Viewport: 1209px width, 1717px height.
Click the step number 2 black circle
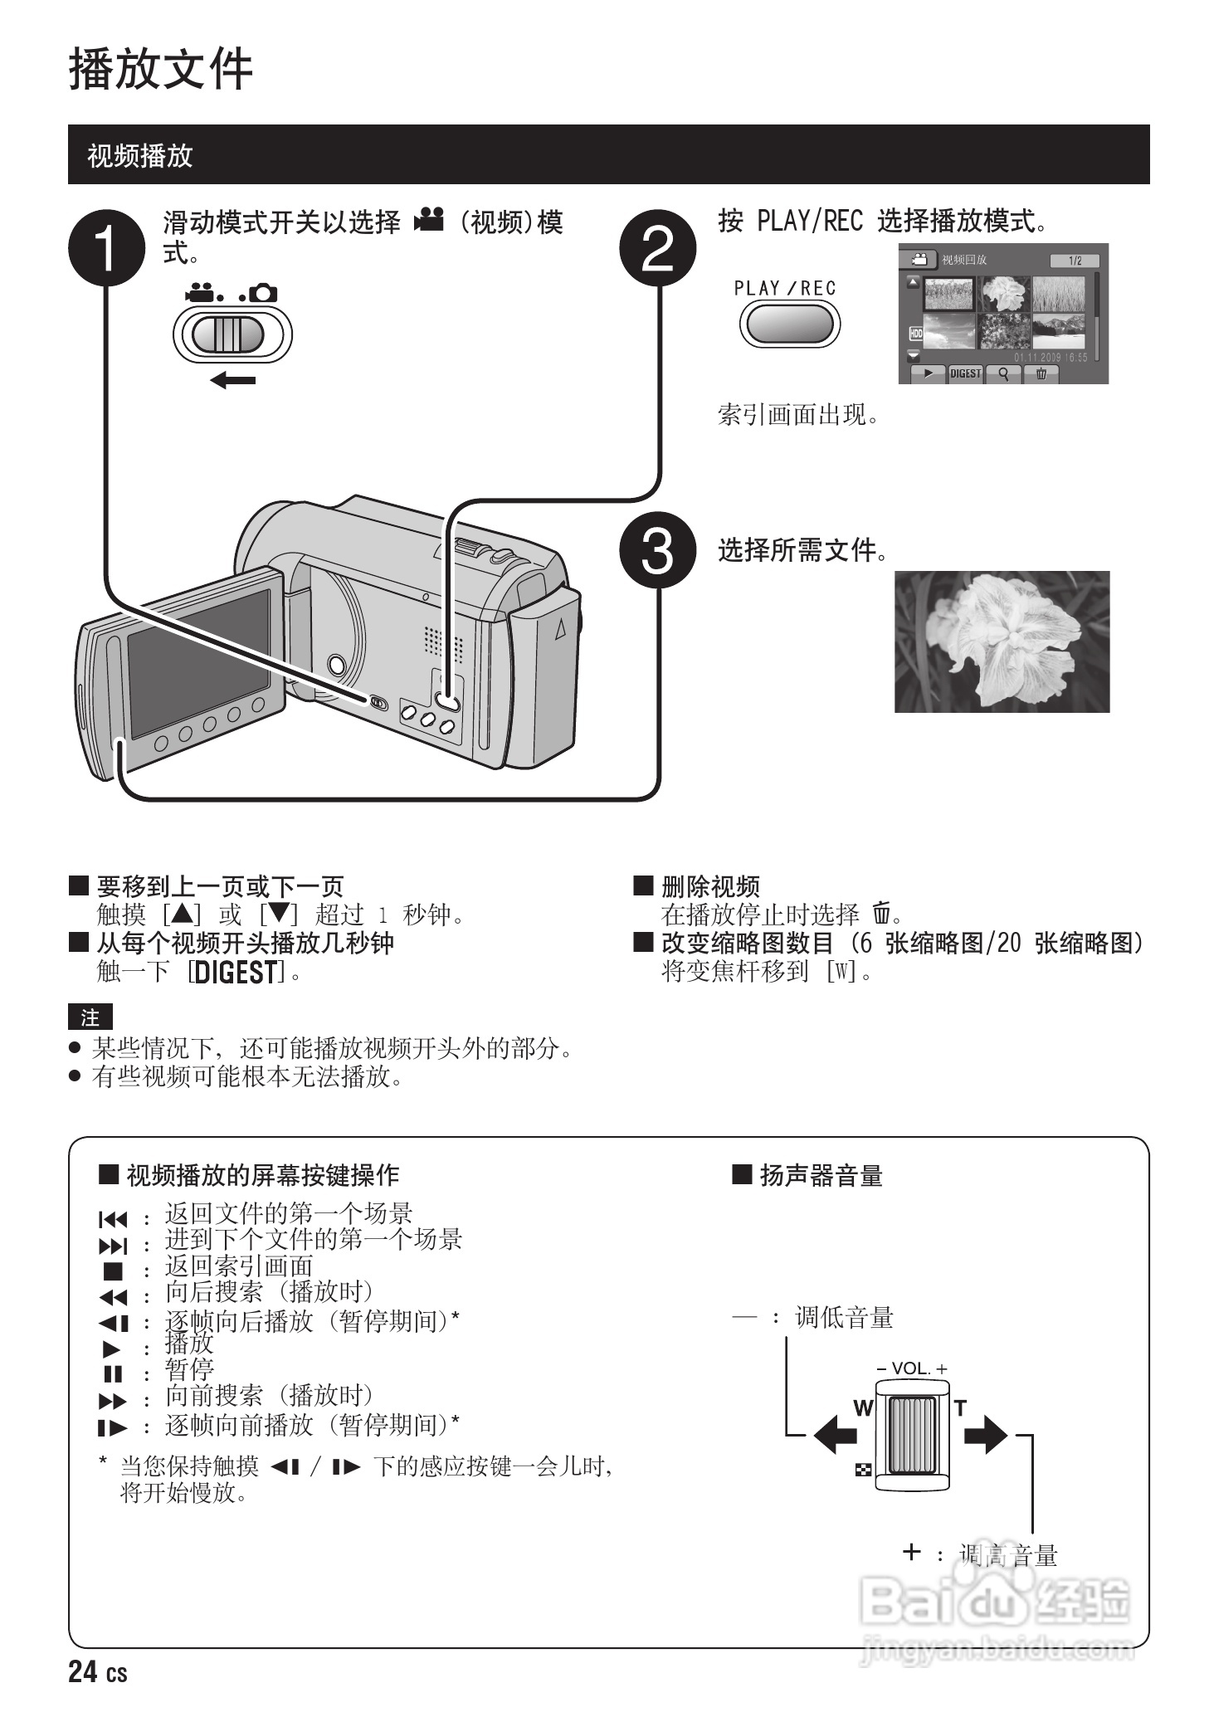[657, 247]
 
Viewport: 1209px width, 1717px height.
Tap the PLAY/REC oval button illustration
[788, 324]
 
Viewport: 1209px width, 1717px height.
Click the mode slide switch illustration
[232, 334]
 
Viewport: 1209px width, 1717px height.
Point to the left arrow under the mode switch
[232, 380]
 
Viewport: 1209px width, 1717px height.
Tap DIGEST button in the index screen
[965, 373]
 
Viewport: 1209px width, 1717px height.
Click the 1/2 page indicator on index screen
[1075, 261]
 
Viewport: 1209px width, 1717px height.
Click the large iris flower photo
[1002, 641]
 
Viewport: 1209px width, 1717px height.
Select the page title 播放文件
[160, 68]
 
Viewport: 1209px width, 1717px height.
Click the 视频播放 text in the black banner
[139, 155]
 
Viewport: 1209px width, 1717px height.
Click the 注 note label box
[90, 1017]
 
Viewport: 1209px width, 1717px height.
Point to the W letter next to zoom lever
[863, 1408]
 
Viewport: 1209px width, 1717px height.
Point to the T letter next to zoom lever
[960, 1408]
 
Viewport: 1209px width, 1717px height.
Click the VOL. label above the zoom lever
[911, 1368]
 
